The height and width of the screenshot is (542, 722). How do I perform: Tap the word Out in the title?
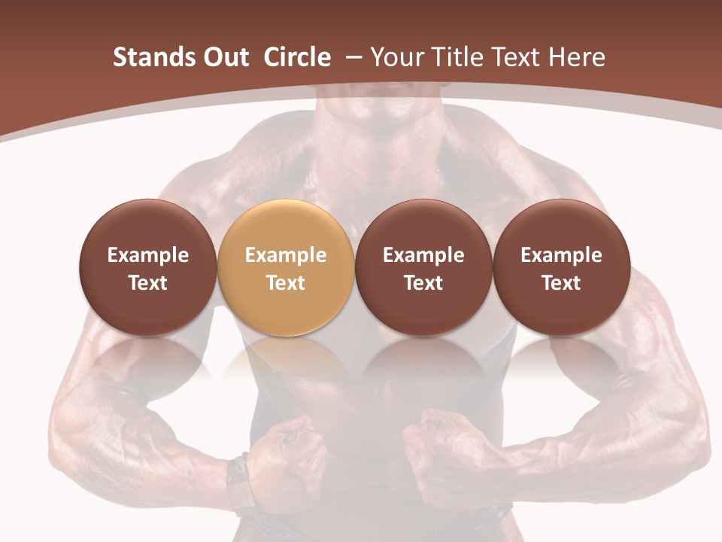224,57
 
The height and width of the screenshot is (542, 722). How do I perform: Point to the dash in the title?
350,57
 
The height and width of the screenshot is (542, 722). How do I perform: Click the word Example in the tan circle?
286,255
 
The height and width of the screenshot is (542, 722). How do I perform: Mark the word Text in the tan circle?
286,283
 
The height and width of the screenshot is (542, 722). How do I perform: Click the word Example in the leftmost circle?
148,255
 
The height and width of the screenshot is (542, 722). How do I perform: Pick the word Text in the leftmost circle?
148,283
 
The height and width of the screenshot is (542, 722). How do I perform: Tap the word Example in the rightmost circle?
561,255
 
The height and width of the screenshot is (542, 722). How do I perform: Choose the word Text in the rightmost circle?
561,283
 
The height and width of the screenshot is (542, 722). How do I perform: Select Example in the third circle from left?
423,255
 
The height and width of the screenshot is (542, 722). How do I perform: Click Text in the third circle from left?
423,283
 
